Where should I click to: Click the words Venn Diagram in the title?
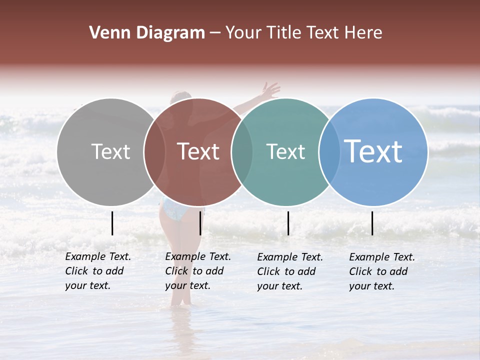click(147, 33)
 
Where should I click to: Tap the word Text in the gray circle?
click(111, 151)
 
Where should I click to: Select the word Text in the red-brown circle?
click(198, 151)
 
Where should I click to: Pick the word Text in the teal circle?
click(285, 151)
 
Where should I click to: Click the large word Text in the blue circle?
click(373, 151)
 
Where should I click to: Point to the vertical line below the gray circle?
click(112, 223)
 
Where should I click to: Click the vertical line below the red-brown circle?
click(200, 223)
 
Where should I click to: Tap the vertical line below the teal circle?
click(288, 223)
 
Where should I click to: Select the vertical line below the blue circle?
click(372, 223)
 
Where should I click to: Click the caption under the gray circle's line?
click(97, 271)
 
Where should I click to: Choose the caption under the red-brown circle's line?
click(197, 271)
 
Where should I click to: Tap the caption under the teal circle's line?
click(289, 271)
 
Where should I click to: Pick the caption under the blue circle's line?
click(381, 271)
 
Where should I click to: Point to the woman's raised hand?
click(270, 90)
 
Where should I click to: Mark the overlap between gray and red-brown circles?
click(154, 151)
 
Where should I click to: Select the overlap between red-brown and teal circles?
click(242, 151)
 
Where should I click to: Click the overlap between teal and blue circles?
click(329, 151)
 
